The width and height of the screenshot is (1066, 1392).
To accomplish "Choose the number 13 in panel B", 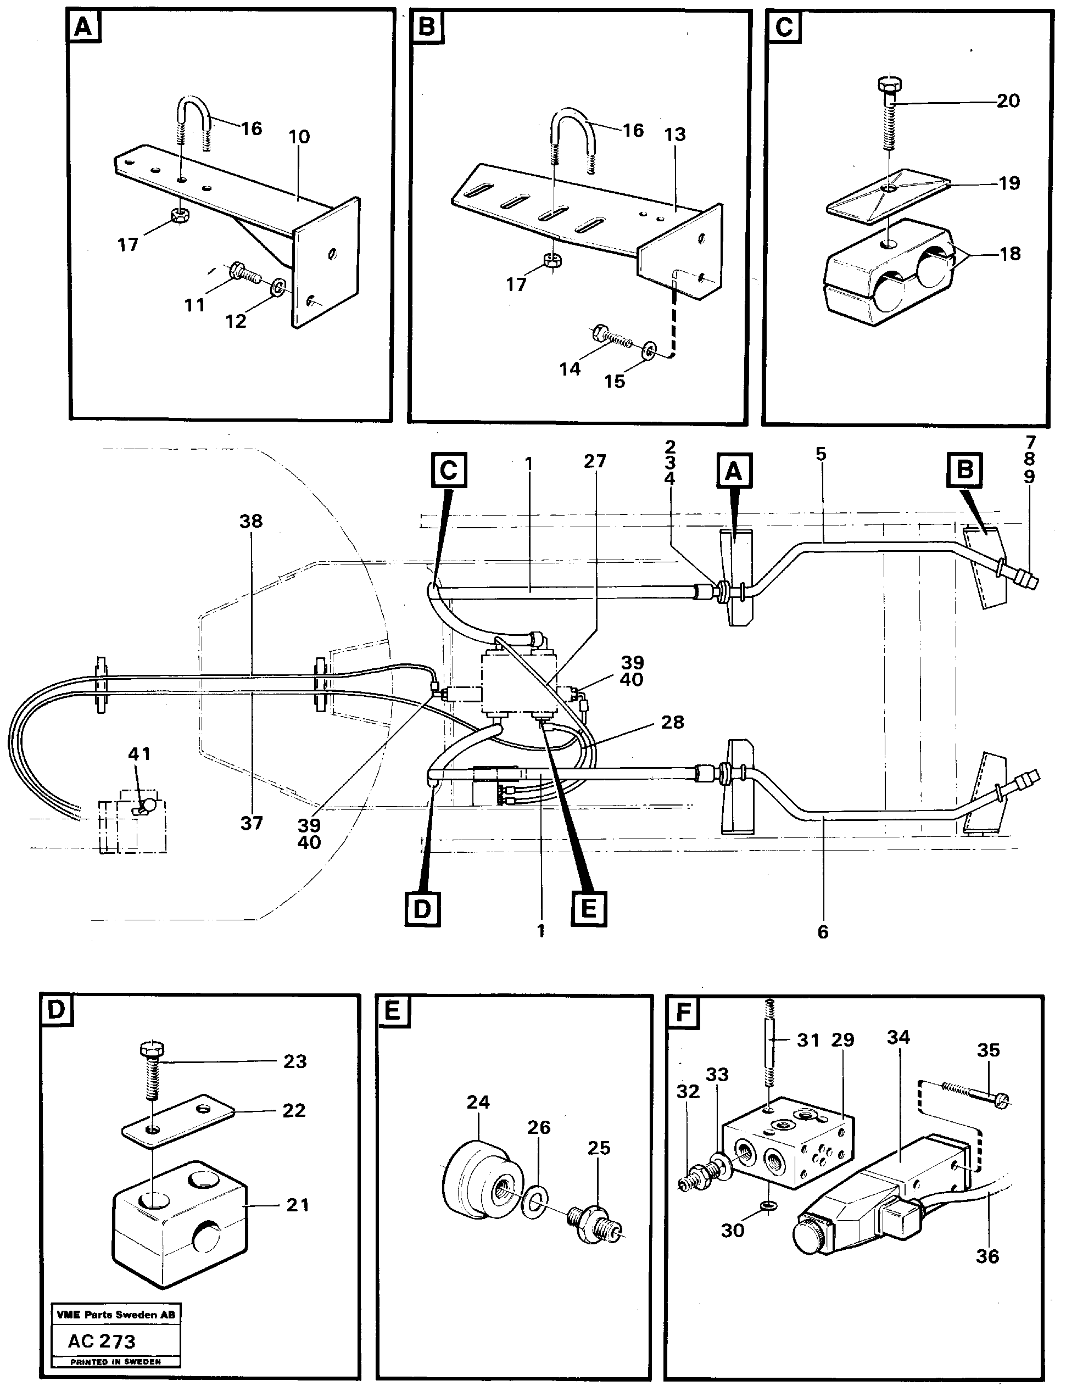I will coord(675,134).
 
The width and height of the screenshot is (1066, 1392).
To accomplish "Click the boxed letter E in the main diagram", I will coord(588,909).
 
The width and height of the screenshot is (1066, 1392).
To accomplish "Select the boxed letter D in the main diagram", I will coord(422,909).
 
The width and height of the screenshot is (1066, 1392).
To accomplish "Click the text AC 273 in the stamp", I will coord(102,1340).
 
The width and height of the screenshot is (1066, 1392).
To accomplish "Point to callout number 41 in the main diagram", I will coord(139,754).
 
